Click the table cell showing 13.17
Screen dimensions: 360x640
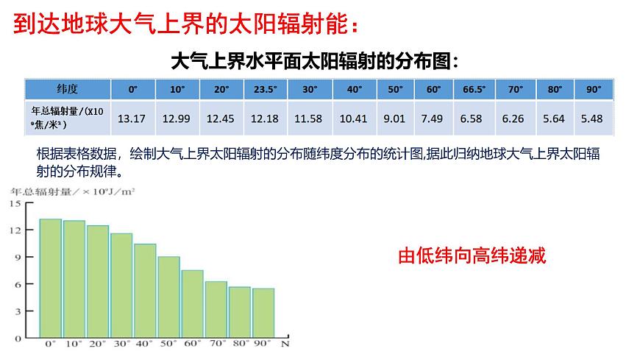tap(132, 119)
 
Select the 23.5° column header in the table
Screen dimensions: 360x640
tap(266, 89)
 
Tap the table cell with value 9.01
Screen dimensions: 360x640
tap(395, 119)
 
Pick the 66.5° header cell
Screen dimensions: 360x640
tap(474, 89)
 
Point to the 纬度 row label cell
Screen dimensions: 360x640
tap(68, 89)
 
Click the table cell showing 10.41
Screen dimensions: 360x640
tap(354, 119)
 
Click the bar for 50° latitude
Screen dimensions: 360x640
tap(169, 297)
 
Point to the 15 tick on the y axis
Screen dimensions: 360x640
tap(15, 204)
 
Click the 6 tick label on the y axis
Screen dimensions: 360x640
tap(18, 284)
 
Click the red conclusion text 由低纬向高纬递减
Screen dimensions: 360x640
tap(472, 256)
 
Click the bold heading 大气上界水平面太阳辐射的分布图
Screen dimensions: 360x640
tap(314, 60)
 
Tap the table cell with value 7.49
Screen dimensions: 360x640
tap(433, 119)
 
